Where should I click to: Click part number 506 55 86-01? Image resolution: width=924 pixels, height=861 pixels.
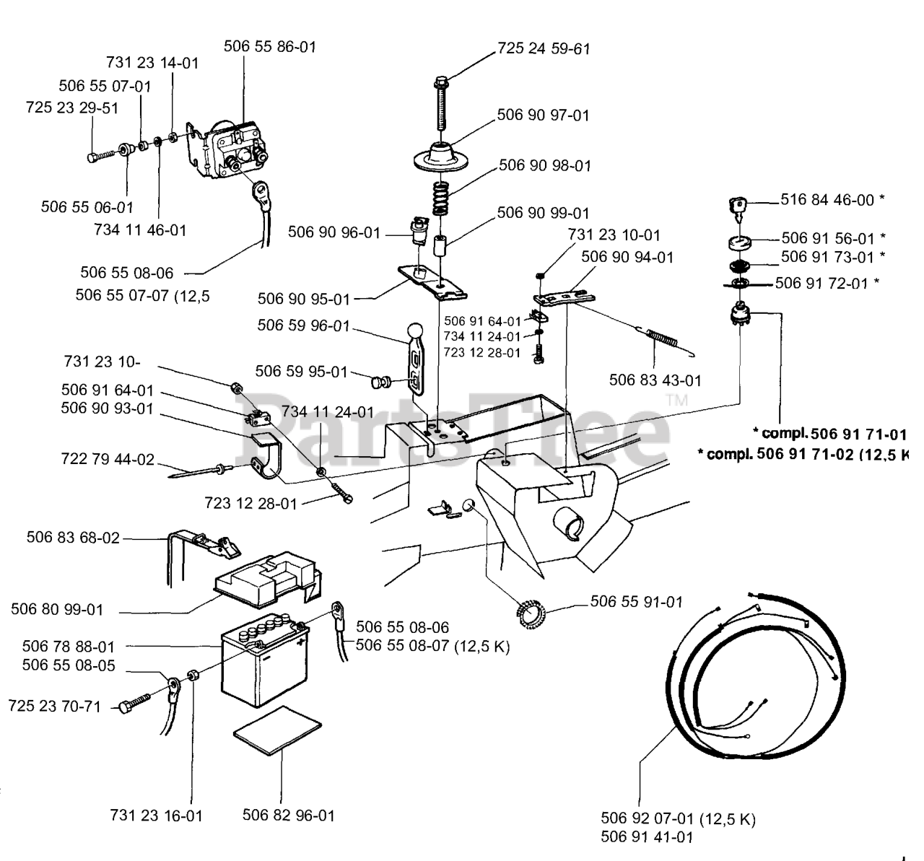pyautogui.click(x=270, y=46)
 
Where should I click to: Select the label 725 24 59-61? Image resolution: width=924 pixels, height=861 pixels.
pyautogui.click(x=544, y=48)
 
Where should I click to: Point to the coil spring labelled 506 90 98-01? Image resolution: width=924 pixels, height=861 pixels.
pyautogui.click(x=440, y=198)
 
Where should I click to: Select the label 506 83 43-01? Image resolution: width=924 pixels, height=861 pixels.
pyautogui.click(x=655, y=380)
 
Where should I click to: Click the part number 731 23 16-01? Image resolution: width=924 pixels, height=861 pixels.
pyautogui.click(x=157, y=816)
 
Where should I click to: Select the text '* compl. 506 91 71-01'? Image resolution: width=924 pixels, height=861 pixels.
pyautogui.click(x=830, y=434)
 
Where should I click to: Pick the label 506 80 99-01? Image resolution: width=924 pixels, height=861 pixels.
pyautogui.click(x=57, y=609)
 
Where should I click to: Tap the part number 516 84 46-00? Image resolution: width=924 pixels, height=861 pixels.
pyautogui.click(x=827, y=199)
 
